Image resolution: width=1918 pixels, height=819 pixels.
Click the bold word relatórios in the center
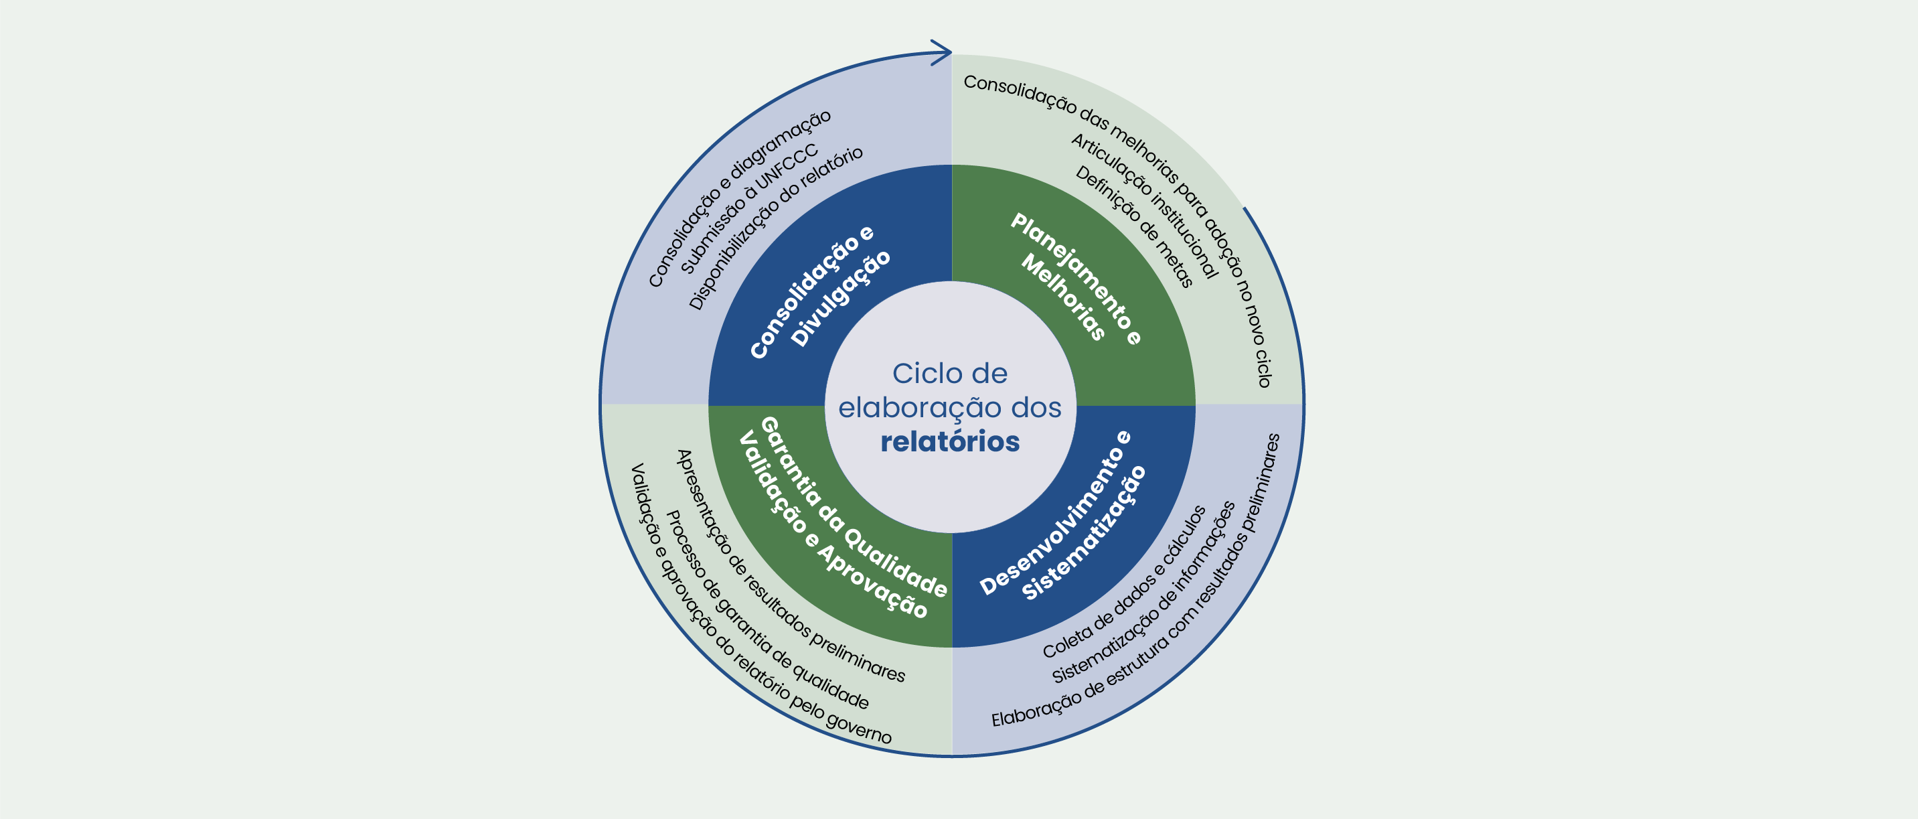coord(950,441)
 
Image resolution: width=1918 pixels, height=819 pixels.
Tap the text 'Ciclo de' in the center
coord(950,374)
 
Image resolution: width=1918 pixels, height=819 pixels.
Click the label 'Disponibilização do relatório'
coord(775,227)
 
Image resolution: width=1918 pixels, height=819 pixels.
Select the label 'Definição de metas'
coord(1134,226)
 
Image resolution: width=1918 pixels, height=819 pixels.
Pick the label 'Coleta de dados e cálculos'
coord(1124,582)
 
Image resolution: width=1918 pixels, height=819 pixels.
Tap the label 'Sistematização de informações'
coord(1143,593)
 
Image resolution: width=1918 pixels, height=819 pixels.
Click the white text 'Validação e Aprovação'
coord(832,526)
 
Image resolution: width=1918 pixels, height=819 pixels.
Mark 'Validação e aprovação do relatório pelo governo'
coord(759,605)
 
